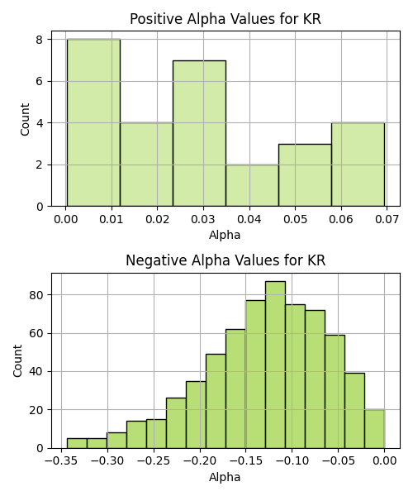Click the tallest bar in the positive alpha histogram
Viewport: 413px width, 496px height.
coord(93,122)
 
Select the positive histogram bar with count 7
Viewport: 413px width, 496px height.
coord(199,133)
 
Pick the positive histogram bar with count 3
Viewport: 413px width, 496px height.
coord(306,175)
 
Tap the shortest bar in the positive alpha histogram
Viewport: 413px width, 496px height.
coord(252,186)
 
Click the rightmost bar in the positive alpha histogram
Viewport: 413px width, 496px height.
coord(358,165)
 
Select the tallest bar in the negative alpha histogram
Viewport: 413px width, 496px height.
coord(275,365)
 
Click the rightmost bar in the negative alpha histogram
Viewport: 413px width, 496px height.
coord(374,429)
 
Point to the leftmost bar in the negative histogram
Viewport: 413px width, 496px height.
coord(77,443)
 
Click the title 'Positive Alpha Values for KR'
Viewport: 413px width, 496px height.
coord(225,19)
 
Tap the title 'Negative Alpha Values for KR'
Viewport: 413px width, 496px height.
coord(225,260)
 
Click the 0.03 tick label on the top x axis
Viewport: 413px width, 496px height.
coord(203,219)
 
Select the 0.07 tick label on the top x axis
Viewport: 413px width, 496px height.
coord(387,219)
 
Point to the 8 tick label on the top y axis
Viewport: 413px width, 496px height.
coord(40,40)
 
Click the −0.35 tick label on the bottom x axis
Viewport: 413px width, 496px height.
coord(61,461)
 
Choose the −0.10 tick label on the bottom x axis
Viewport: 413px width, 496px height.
coord(292,461)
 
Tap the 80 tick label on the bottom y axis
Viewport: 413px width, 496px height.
coord(36,295)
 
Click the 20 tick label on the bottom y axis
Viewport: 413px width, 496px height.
coord(36,410)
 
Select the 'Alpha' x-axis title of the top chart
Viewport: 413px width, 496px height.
coord(225,236)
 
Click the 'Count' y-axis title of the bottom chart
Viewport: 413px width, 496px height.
coord(17,361)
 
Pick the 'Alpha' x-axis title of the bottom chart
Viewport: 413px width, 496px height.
coord(225,477)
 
